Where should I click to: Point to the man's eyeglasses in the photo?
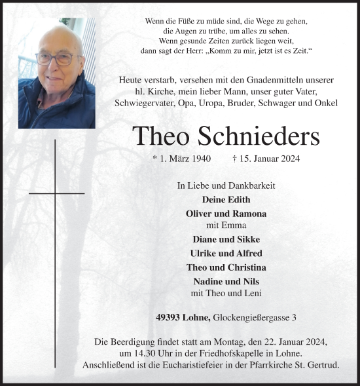(55, 58)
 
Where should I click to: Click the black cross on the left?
(56, 194)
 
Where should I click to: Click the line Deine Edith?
(226, 200)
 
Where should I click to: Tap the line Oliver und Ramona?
(226, 214)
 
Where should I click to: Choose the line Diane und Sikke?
(226, 239)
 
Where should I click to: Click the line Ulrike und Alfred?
(226, 253)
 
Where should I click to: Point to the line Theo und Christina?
(226, 267)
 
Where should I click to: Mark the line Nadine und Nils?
(226, 280)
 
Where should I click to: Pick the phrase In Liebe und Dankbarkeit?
(226, 185)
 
